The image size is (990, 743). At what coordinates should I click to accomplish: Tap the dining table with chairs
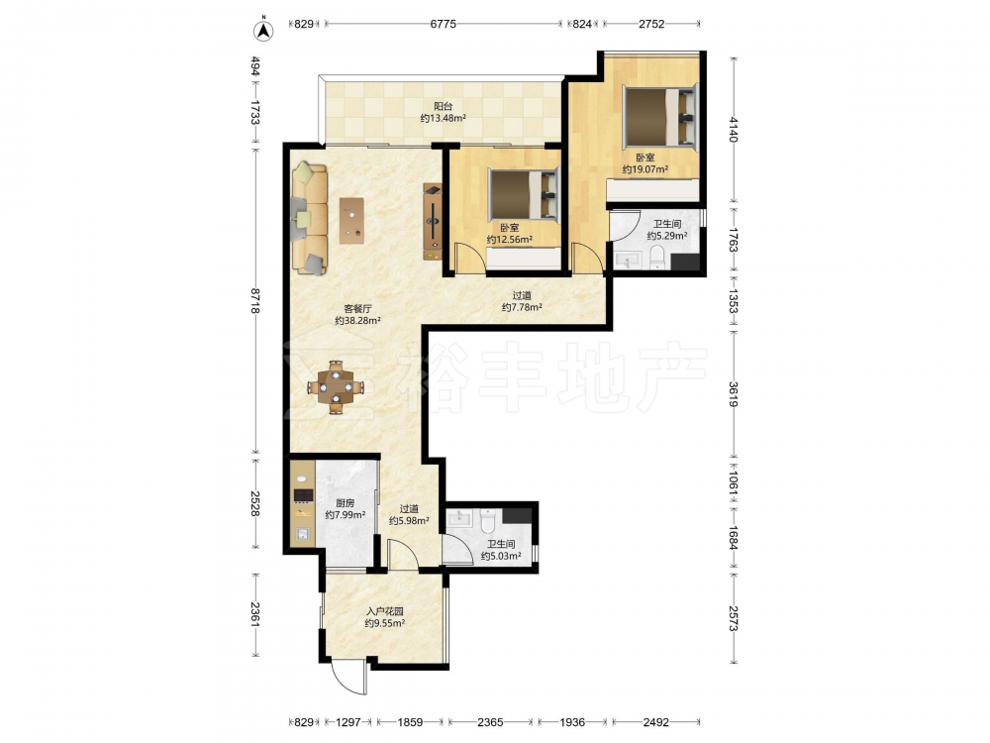point(336,386)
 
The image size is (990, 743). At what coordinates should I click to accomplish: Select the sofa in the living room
point(309,219)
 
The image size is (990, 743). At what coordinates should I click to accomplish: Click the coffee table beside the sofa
point(351,221)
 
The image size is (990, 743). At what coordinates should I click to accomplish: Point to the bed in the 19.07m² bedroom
point(660,117)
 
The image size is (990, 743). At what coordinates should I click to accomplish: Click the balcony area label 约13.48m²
point(444,118)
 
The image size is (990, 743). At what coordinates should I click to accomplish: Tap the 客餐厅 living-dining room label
point(357,309)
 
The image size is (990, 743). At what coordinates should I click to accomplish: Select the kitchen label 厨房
point(345,503)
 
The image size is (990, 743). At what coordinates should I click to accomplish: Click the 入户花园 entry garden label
point(384,611)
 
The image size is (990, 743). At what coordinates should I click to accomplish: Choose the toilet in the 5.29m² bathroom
point(658,258)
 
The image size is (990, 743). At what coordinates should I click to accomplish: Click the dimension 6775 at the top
point(443,24)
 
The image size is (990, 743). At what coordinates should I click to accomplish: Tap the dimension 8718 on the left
point(255,301)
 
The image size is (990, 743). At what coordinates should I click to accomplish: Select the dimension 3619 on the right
point(733,394)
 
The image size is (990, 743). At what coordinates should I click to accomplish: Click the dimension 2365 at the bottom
point(490,721)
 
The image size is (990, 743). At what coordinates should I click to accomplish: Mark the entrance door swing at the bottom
point(348,678)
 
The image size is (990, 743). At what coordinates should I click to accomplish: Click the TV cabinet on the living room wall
point(433,222)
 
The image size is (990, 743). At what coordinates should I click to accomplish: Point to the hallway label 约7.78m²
point(522,308)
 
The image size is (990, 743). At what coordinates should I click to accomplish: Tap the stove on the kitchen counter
point(304,494)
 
